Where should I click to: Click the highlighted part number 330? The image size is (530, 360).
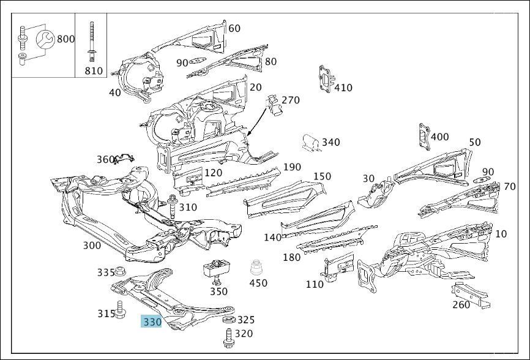click(x=151, y=321)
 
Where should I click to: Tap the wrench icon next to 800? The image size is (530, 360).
click(x=44, y=40)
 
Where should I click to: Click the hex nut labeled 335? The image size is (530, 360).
click(x=119, y=271)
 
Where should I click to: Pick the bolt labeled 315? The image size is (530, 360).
click(x=119, y=309)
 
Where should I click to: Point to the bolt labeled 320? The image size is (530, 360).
click(x=229, y=338)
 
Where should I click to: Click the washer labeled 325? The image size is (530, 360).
click(x=229, y=320)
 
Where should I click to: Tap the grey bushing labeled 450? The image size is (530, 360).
click(x=256, y=269)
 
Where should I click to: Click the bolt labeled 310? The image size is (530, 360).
click(x=173, y=207)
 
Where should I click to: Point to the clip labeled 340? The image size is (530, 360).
click(x=311, y=142)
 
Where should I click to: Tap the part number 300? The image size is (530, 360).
click(x=92, y=246)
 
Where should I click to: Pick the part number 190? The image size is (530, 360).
click(x=292, y=167)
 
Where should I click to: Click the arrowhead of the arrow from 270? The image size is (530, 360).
click(x=248, y=133)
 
